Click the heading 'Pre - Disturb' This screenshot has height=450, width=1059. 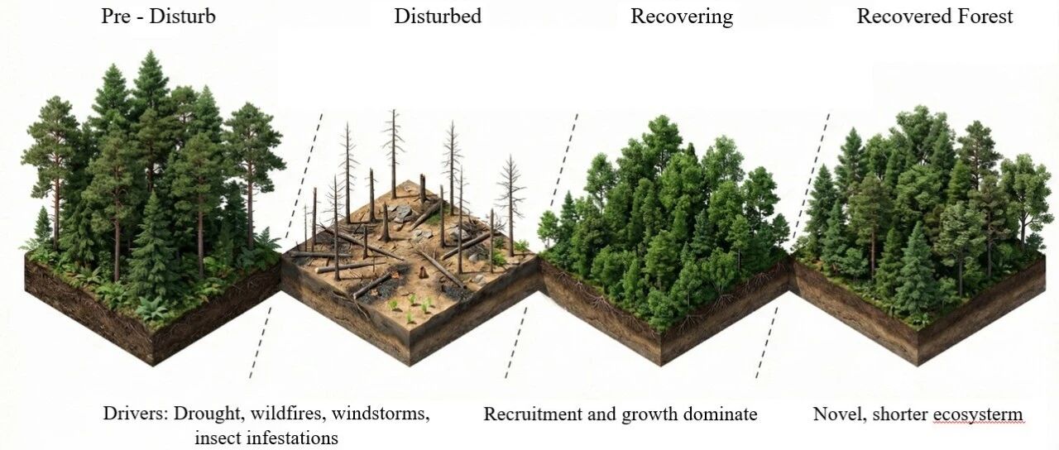(x=158, y=17)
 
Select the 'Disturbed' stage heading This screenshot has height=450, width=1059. (x=438, y=17)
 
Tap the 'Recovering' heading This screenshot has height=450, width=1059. (x=682, y=17)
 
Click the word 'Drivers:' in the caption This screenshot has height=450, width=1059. (x=135, y=414)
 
